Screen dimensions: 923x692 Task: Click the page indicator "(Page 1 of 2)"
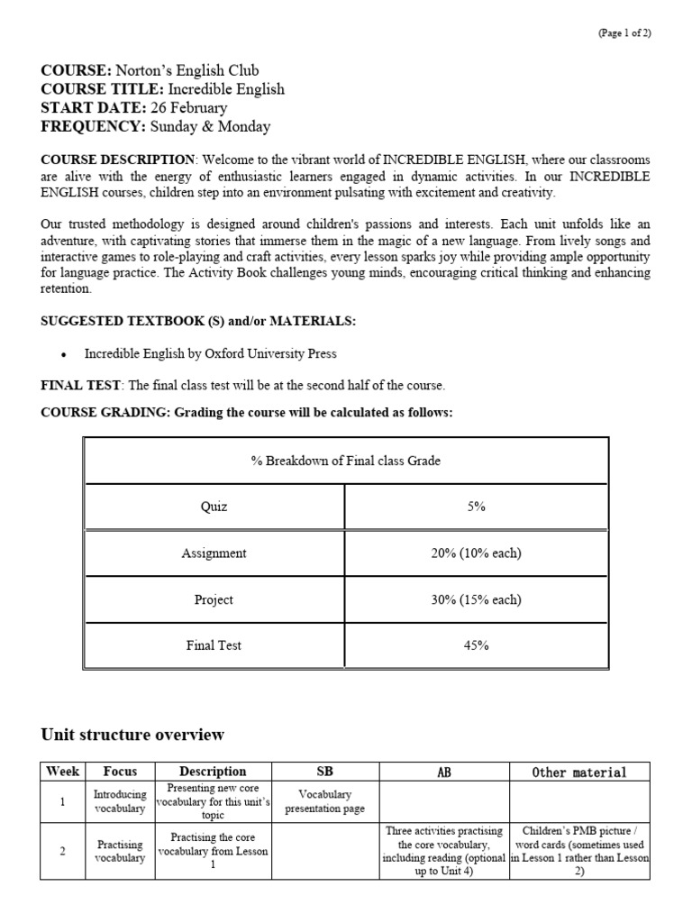(x=624, y=33)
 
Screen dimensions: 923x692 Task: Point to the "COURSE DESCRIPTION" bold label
(x=117, y=160)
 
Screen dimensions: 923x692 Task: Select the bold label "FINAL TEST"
(x=80, y=385)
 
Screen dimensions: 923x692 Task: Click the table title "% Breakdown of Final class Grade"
(x=345, y=461)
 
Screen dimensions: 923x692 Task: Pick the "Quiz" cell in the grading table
(x=214, y=507)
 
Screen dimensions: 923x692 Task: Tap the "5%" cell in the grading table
(x=477, y=507)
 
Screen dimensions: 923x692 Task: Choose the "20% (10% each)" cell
(x=477, y=553)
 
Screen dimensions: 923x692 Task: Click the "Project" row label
(x=214, y=599)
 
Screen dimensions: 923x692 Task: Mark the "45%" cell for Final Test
(x=477, y=645)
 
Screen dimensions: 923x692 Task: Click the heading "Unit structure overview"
(x=132, y=735)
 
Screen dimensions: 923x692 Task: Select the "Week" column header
(x=62, y=772)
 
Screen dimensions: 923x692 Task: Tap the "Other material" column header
(x=578, y=772)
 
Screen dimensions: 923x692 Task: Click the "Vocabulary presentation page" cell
(x=324, y=802)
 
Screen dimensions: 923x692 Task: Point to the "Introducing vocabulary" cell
(x=120, y=802)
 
